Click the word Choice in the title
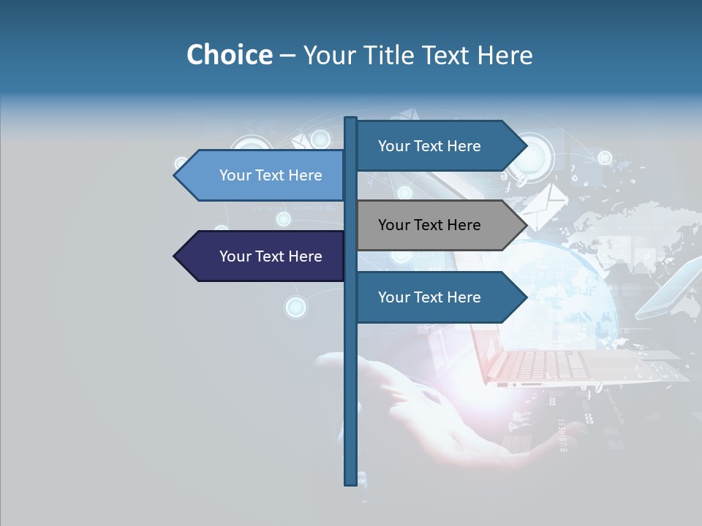pyautogui.click(x=229, y=55)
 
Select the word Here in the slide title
pyautogui.click(x=505, y=55)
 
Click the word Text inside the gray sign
pyautogui.click(x=429, y=225)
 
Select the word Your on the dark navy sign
pyautogui.click(x=235, y=256)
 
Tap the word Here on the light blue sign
pyautogui.click(x=305, y=175)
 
